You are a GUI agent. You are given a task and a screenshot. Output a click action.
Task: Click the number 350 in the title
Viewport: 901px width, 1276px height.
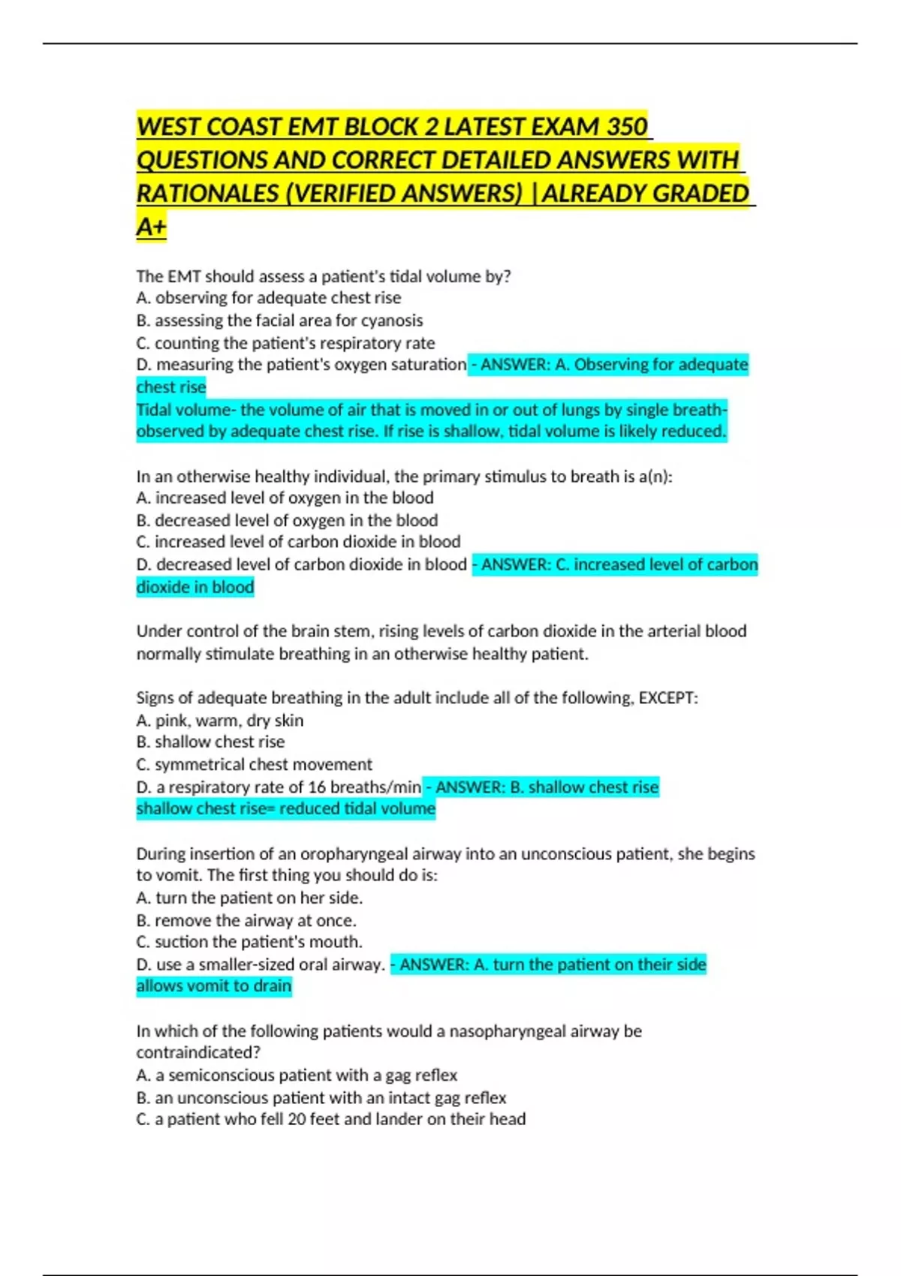(627, 126)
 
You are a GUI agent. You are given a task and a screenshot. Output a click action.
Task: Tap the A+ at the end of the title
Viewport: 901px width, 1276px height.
(151, 227)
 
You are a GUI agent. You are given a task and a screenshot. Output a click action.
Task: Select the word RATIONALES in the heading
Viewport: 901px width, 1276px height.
(207, 194)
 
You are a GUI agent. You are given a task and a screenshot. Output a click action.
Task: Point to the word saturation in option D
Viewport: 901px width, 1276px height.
(429, 365)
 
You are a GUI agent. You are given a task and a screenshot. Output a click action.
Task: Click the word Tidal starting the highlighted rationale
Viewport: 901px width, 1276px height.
(153, 410)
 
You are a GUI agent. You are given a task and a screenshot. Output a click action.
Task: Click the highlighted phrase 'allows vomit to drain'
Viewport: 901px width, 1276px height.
(214, 986)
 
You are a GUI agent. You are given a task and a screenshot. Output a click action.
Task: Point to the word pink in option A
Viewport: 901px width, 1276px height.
(172, 721)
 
